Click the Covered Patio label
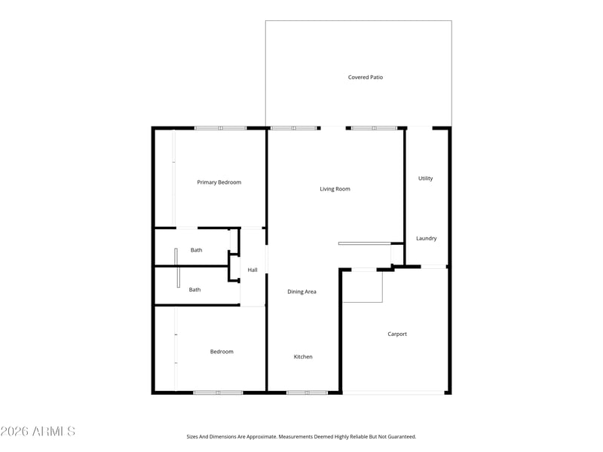(x=366, y=77)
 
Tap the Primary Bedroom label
(x=219, y=182)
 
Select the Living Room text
(x=335, y=189)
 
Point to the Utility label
(x=425, y=179)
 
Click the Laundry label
(x=426, y=239)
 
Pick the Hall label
(x=253, y=270)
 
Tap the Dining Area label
(x=301, y=292)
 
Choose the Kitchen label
(x=303, y=357)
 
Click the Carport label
(x=397, y=334)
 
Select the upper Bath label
(x=196, y=250)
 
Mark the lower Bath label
(x=194, y=289)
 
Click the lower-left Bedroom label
(x=222, y=352)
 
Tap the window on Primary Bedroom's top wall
(x=220, y=128)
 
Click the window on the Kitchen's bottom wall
(x=307, y=392)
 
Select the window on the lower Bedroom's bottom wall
(x=218, y=392)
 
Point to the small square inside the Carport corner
(x=363, y=286)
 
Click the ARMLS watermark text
(x=38, y=432)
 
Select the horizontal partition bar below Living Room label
(x=364, y=243)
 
